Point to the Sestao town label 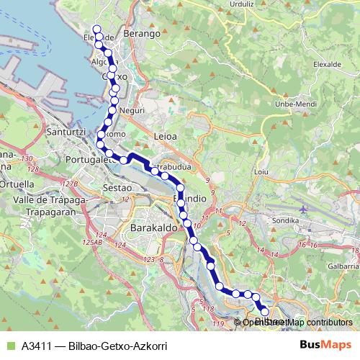tap(116, 187)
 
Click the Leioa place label tap(166, 134)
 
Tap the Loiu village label tap(263, 174)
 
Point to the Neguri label tap(133, 110)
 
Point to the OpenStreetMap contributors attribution tap(297, 322)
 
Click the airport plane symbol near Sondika tap(302, 207)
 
